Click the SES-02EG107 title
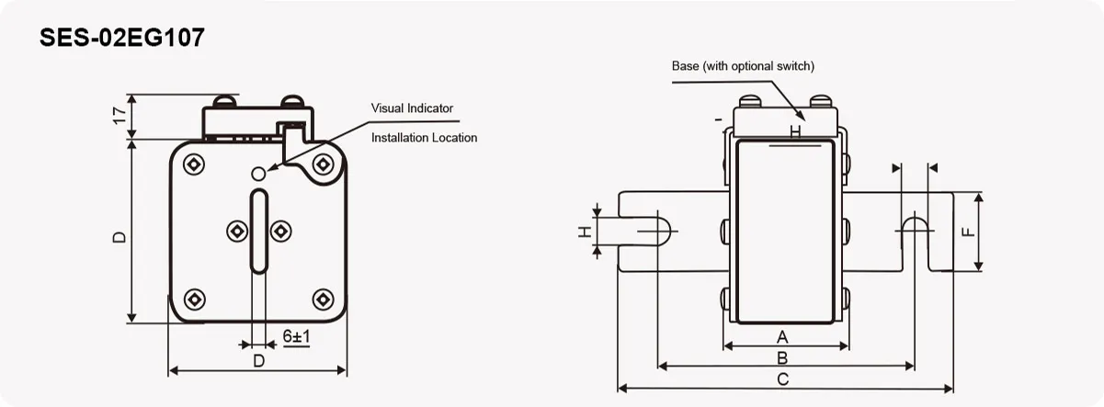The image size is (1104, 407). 122,38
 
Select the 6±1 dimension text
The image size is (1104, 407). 296,337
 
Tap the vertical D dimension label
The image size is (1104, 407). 119,237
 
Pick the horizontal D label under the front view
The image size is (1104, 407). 258,361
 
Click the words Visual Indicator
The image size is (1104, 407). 412,108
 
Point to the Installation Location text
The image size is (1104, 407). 424,138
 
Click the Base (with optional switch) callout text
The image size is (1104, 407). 743,66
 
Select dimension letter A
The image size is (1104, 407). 783,335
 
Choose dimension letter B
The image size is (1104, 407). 782,356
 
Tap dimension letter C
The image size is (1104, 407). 782,379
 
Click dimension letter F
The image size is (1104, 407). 967,232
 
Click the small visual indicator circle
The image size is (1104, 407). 258,172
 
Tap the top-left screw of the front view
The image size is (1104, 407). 194,164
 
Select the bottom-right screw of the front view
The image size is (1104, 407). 322,299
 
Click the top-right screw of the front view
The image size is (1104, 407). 322,164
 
